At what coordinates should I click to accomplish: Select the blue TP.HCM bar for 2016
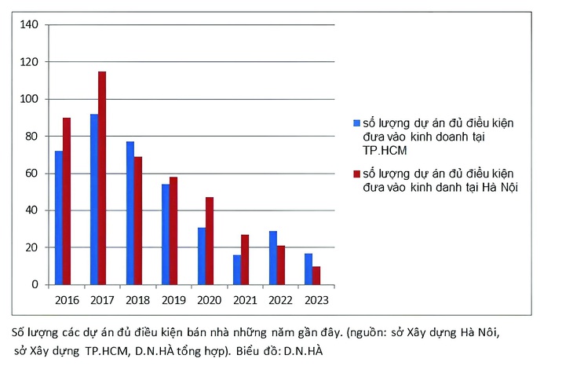click(x=59, y=218)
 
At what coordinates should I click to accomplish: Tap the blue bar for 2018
click(x=130, y=213)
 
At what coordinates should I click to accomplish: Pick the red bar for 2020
click(x=210, y=240)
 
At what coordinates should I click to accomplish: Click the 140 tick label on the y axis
click(x=29, y=25)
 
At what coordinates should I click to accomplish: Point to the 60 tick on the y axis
click(x=32, y=174)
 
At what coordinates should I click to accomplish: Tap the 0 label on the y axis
click(x=35, y=285)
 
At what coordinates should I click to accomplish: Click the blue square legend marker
click(x=357, y=123)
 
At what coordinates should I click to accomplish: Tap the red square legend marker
click(x=357, y=174)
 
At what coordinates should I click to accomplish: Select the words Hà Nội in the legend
click(x=499, y=187)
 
